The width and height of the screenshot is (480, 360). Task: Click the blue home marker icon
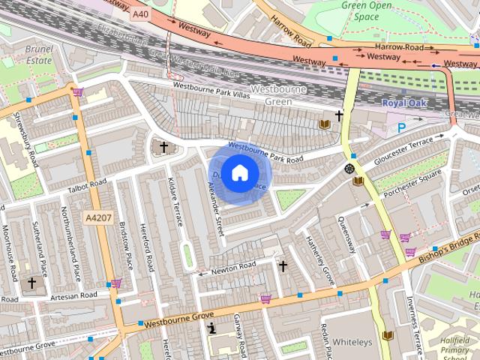point(238,173)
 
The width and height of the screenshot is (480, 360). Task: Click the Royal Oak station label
point(403,103)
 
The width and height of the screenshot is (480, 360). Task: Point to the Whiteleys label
point(352,342)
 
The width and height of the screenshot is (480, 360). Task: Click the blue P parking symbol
point(402,127)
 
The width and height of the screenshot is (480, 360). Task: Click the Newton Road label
point(233,266)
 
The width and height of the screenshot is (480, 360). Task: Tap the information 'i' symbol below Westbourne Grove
point(212,327)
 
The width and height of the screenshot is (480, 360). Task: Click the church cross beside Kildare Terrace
point(164,147)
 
